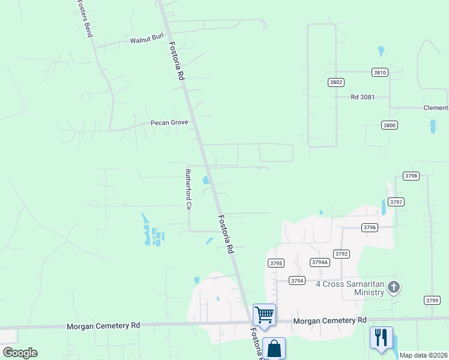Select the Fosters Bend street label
85,19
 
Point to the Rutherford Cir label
188,189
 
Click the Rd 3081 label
363,97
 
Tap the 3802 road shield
336,82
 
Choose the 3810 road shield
380,72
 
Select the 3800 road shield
389,125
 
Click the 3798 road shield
411,176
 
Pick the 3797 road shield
396,202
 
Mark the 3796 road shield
370,227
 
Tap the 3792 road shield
342,254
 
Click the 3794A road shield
319,262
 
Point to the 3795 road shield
276,263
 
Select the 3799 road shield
432,300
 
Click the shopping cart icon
264,314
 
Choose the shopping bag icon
274,348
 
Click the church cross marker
394,287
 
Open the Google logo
20,353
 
